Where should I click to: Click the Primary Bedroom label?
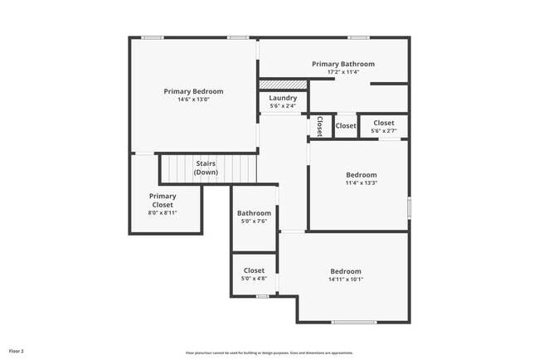193,91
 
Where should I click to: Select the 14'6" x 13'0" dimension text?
193,100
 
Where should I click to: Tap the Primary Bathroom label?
342,64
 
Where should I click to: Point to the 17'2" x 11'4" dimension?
342,72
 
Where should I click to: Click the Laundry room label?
283,98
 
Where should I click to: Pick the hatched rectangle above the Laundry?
283,84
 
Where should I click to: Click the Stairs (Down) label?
206,168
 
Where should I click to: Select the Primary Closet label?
163,200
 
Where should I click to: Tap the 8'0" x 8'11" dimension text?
163,212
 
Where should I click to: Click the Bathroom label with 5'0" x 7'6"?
254,213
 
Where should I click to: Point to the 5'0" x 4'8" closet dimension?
254,279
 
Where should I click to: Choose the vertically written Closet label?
319,125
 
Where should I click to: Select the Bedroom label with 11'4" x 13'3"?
361,175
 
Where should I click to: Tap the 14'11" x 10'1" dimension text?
346,280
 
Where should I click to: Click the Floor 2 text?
17,351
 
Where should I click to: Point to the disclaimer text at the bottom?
269,352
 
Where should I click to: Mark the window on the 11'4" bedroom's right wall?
409,207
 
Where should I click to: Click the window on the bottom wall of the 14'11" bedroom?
353,322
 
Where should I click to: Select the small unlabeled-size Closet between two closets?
346,126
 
